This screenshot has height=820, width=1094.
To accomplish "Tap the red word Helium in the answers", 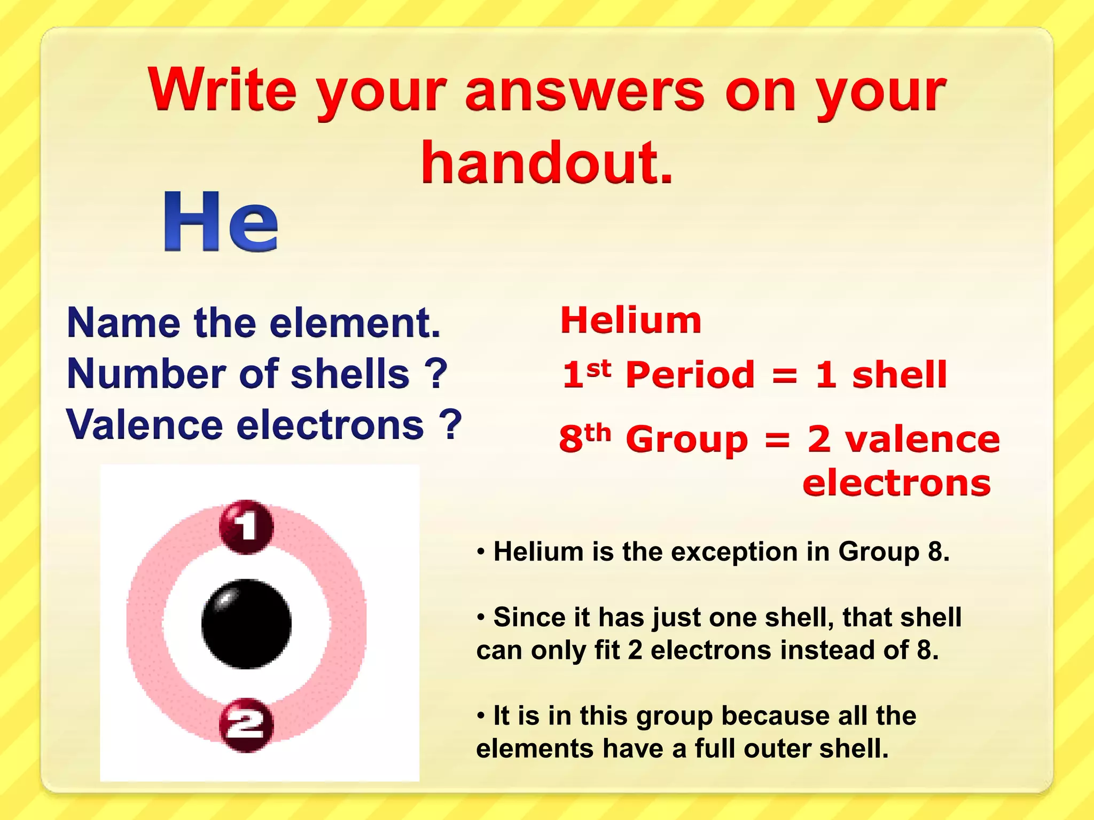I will (x=631, y=320).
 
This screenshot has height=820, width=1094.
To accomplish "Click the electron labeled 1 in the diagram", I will (x=246, y=526).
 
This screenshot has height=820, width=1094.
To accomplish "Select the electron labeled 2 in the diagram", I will (x=246, y=725).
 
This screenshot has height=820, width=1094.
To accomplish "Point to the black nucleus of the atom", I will (x=246, y=624).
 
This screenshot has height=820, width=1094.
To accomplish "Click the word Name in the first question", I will (x=124, y=323).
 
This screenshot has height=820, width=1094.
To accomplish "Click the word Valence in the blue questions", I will (x=144, y=425).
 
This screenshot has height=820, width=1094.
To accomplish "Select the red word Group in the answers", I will (x=687, y=440).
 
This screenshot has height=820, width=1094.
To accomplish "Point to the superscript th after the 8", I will (x=598, y=433).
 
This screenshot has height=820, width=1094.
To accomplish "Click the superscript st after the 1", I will (x=599, y=368).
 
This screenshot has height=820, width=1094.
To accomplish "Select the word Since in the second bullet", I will (x=529, y=618).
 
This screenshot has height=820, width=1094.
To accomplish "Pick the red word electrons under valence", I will (x=896, y=483).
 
